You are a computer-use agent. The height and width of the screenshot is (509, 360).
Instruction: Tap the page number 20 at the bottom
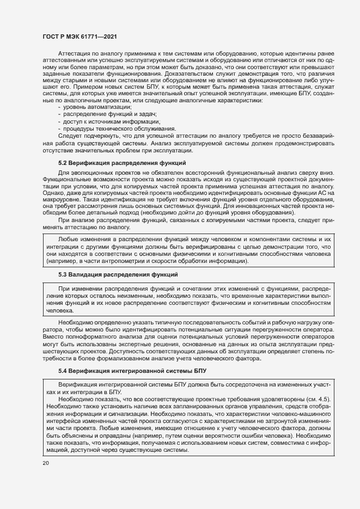(x=45, y=462)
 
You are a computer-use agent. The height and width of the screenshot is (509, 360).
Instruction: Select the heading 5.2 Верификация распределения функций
(x=122, y=163)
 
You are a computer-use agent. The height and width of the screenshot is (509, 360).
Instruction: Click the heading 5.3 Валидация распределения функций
(x=118, y=274)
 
